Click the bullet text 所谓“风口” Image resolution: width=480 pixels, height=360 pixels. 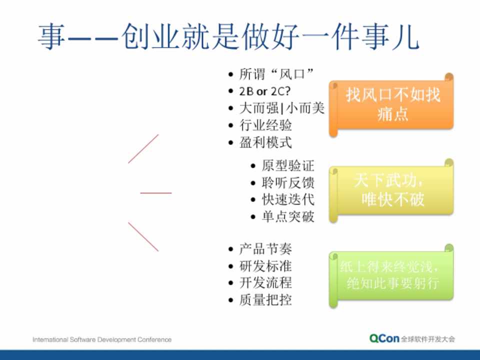276,74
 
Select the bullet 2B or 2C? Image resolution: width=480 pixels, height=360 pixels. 265,91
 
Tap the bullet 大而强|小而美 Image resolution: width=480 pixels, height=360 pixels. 281,108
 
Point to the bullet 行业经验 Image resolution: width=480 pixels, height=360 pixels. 265,125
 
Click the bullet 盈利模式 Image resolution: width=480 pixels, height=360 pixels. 265,142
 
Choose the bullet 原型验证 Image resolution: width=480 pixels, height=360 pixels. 288,165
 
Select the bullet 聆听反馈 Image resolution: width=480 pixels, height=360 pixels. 288,183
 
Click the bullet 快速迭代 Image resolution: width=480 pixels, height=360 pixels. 288,199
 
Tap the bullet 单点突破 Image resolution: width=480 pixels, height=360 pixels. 288,216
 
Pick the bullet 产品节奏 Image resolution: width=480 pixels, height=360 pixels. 265,249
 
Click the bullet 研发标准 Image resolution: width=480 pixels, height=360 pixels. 265,266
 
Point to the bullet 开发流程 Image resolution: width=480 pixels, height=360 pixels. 265,283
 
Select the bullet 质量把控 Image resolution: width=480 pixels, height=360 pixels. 265,300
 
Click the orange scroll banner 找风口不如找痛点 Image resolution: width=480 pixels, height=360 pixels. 391,104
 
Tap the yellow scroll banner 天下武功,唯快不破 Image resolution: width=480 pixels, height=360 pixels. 391,190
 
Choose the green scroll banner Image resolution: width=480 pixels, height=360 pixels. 391,276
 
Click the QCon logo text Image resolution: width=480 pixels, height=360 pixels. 384,338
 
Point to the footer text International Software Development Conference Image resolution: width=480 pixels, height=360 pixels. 102,339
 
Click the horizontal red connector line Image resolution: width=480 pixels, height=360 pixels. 156,193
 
